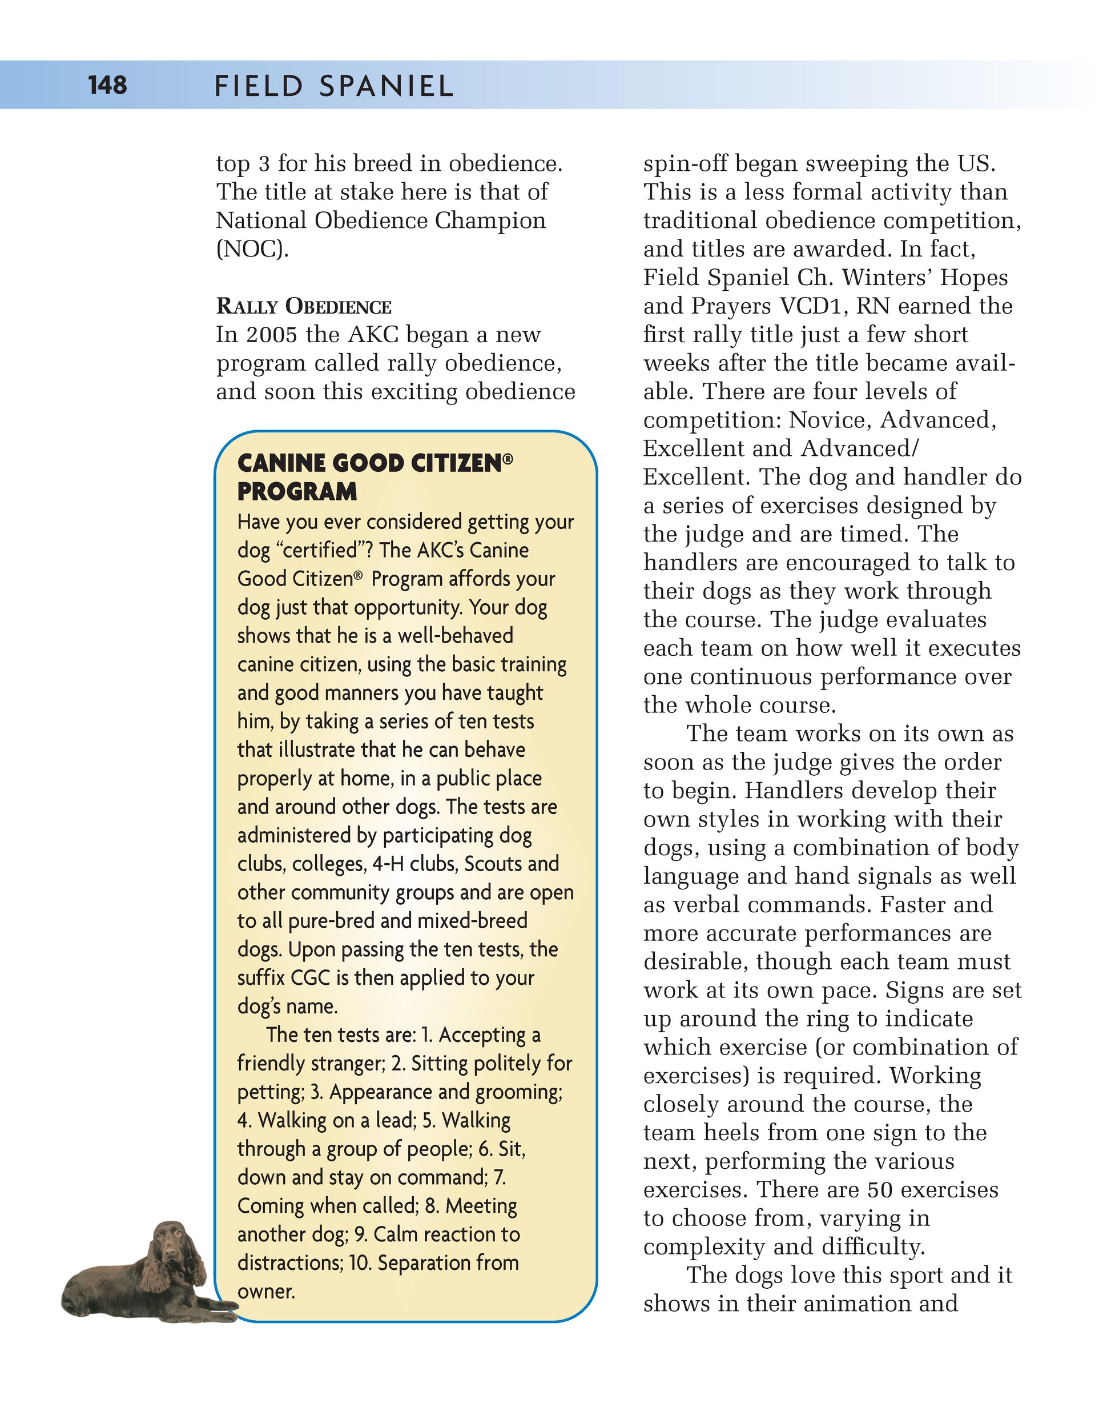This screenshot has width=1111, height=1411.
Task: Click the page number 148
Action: point(107,85)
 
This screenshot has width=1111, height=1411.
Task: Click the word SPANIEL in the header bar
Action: point(387,87)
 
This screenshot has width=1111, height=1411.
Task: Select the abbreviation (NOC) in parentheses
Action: point(252,249)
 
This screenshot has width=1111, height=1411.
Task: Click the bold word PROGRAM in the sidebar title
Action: point(297,491)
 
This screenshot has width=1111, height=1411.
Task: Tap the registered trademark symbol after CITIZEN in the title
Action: point(508,459)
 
